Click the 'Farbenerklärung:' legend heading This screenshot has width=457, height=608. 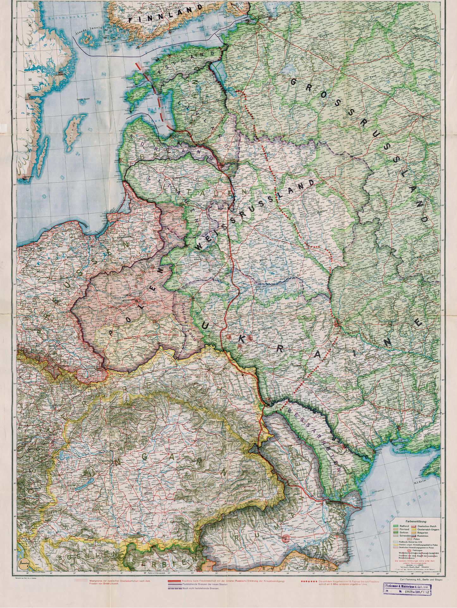(x=416, y=521)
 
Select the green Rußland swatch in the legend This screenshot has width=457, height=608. (x=395, y=526)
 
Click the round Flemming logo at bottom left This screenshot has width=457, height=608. (x=23, y=562)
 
